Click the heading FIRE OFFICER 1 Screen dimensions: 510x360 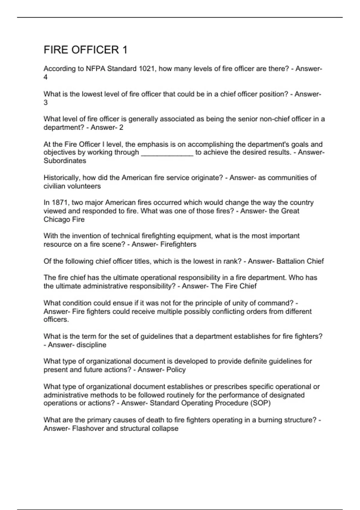[x=85, y=50]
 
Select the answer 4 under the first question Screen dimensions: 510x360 [x=46, y=77]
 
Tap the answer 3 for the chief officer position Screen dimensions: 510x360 [x=46, y=103]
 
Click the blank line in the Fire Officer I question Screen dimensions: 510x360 [x=167, y=153]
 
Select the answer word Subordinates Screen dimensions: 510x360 [x=65, y=161]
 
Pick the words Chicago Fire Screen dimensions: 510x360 [x=64, y=219]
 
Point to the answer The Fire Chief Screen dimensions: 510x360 [x=234, y=286]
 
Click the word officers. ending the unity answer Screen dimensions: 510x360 [x=56, y=319]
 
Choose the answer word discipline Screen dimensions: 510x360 [x=91, y=345]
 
